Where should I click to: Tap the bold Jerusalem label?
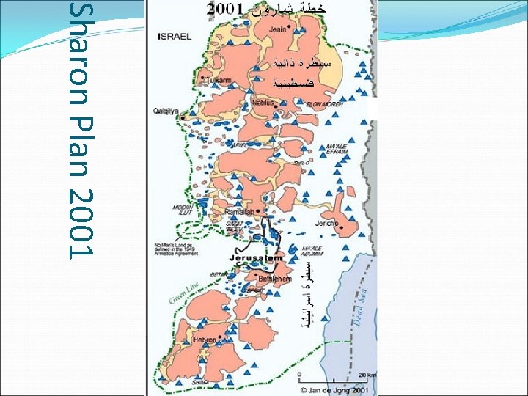[256, 259]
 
